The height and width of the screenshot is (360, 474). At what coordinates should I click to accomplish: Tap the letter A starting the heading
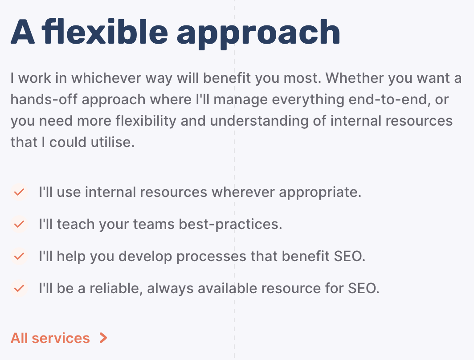click(x=22, y=32)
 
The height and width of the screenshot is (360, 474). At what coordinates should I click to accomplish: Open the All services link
click(x=50, y=338)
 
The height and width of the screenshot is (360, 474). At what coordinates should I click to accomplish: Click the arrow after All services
click(x=103, y=338)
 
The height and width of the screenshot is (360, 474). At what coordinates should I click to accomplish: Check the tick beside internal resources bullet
click(x=19, y=192)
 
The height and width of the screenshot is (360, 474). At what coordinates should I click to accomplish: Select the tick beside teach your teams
click(x=19, y=225)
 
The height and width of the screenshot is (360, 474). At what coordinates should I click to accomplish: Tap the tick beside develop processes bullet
click(x=19, y=257)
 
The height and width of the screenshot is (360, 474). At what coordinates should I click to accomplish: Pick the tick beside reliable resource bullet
click(x=19, y=289)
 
